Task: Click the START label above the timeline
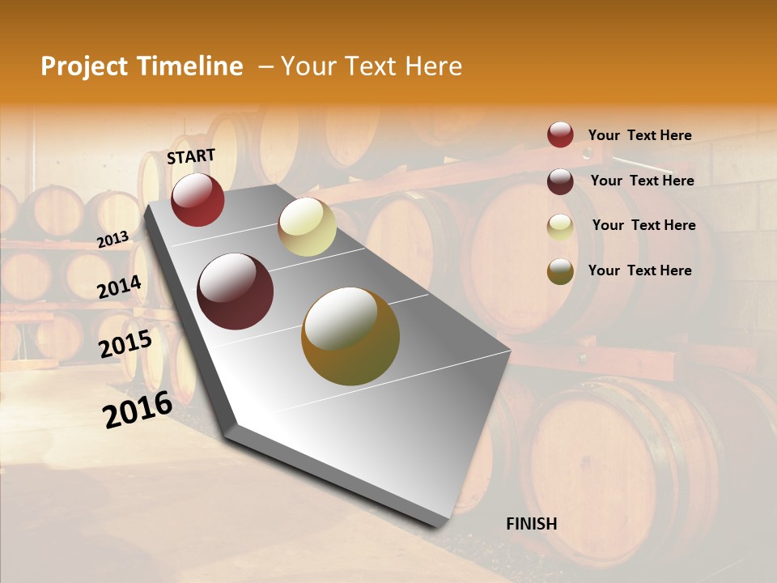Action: click(191, 156)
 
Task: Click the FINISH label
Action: click(531, 524)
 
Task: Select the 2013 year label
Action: click(113, 240)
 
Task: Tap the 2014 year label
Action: click(119, 287)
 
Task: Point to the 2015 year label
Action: click(125, 344)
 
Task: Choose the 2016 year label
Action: click(138, 409)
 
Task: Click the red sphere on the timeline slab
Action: click(197, 199)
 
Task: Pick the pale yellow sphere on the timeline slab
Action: click(307, 227)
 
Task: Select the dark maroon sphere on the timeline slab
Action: click(236, 291)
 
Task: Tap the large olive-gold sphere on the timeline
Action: click(350, 336)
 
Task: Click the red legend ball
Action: click(560, 134)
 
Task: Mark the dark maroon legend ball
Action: click(560, 181)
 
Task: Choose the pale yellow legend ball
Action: click(560, 226)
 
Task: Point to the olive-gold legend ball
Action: click(560, 270)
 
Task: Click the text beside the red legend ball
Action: click(639, 135)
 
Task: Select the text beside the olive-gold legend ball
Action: click(639, 270)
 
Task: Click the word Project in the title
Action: click(84, 66)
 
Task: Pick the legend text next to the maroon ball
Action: click(642, 181)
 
